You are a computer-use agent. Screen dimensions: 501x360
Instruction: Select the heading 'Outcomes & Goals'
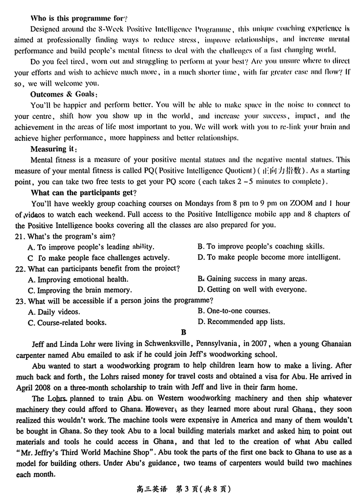point(63,94)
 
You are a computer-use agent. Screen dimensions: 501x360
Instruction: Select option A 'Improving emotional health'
point(74,279)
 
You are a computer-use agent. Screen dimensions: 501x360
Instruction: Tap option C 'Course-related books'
point(67,322)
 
